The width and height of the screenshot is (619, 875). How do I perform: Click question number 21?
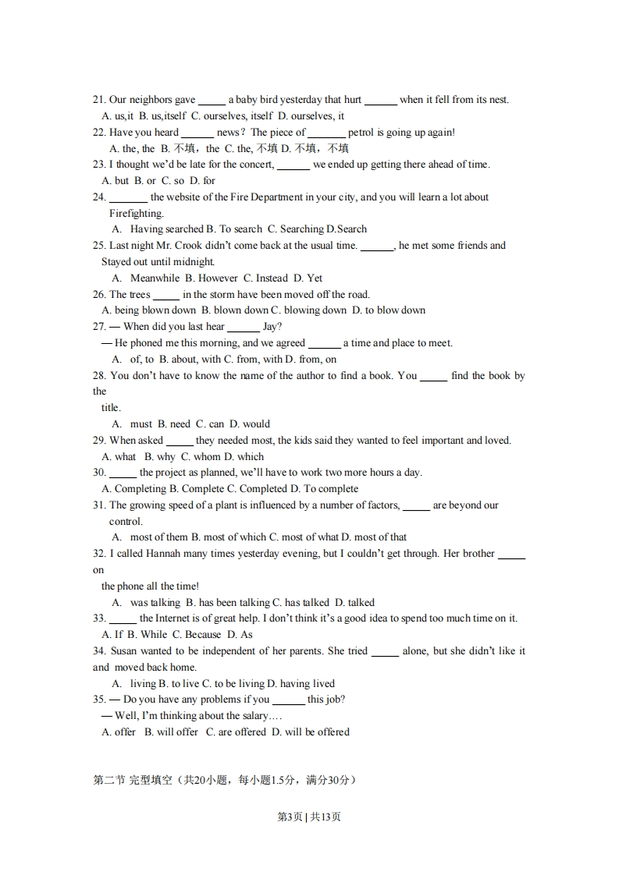click(99, 100)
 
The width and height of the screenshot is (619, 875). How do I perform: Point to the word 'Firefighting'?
click(137, 214)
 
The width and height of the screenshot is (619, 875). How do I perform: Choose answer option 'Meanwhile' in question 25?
click(155, 278)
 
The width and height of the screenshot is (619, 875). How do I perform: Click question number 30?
click(99, 473)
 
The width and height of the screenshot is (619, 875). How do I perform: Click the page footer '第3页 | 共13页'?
click(309, 817)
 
